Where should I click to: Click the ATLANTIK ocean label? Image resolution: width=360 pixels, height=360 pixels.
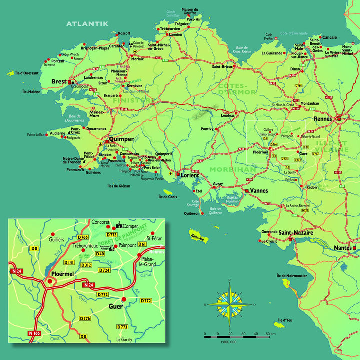87,23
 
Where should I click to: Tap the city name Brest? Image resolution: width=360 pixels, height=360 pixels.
59,81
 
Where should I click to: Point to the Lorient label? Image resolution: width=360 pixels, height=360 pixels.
189,175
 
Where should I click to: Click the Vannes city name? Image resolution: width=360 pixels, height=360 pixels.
259,191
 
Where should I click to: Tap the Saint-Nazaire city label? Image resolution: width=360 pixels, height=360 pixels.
296,232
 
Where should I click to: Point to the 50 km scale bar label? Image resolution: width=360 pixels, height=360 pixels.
271,333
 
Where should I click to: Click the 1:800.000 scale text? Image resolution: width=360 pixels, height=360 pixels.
228,342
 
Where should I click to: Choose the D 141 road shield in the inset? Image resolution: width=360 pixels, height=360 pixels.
69,262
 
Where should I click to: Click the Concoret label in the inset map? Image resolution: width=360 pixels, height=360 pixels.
100,221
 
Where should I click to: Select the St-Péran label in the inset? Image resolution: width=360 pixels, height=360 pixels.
156,239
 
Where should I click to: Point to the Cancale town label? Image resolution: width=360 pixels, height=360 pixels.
330,37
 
